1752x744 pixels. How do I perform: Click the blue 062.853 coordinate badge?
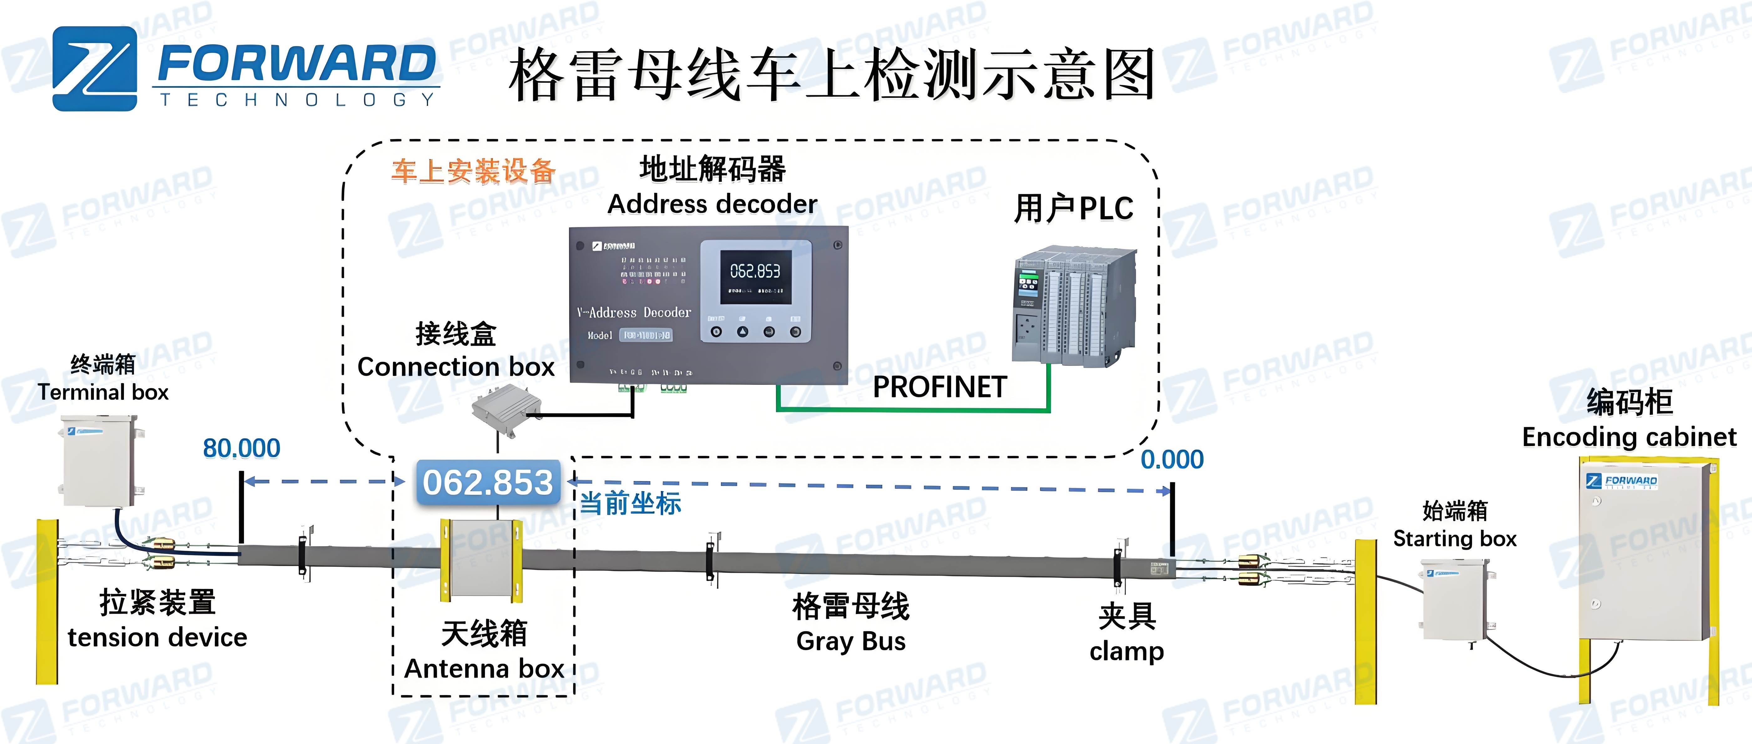pos(488,483)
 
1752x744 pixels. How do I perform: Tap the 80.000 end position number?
pos(242,448)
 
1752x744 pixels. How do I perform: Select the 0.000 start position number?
pos(1172,459)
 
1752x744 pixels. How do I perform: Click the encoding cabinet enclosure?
pos(1646,551)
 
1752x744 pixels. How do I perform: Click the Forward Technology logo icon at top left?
pos(94,69)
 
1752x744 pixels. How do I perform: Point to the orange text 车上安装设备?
pos(473,171)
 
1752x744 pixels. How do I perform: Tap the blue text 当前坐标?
pos(630,504)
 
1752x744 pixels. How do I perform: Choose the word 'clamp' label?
pos(1126,651)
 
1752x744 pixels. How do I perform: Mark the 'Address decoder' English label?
pos(712,204)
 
